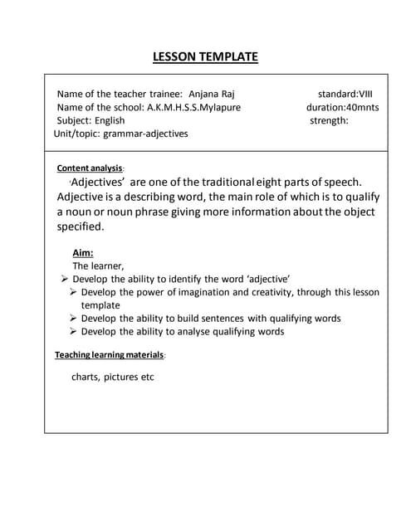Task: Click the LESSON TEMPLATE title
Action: pyautogui.click(x=205, y=57)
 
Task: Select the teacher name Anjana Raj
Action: pyautogui.click(x=212, y=95)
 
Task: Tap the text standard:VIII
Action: pyautogui.click(x=345, y=95)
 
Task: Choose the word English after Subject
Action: pyautogui.click(x=110, y=120)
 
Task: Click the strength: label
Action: pyautogui.click(x=329, y=120)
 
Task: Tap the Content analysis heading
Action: pyautogui.click(x=90, y=168)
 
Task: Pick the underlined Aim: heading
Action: pyautogui.click(x=83, y=253)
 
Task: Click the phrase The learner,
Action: pyautogui.click(x=98, y=266)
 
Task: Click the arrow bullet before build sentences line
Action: pyautogui.click(x=74, y=318)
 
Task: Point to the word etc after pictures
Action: pyautogui.click(x=145, y=377)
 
